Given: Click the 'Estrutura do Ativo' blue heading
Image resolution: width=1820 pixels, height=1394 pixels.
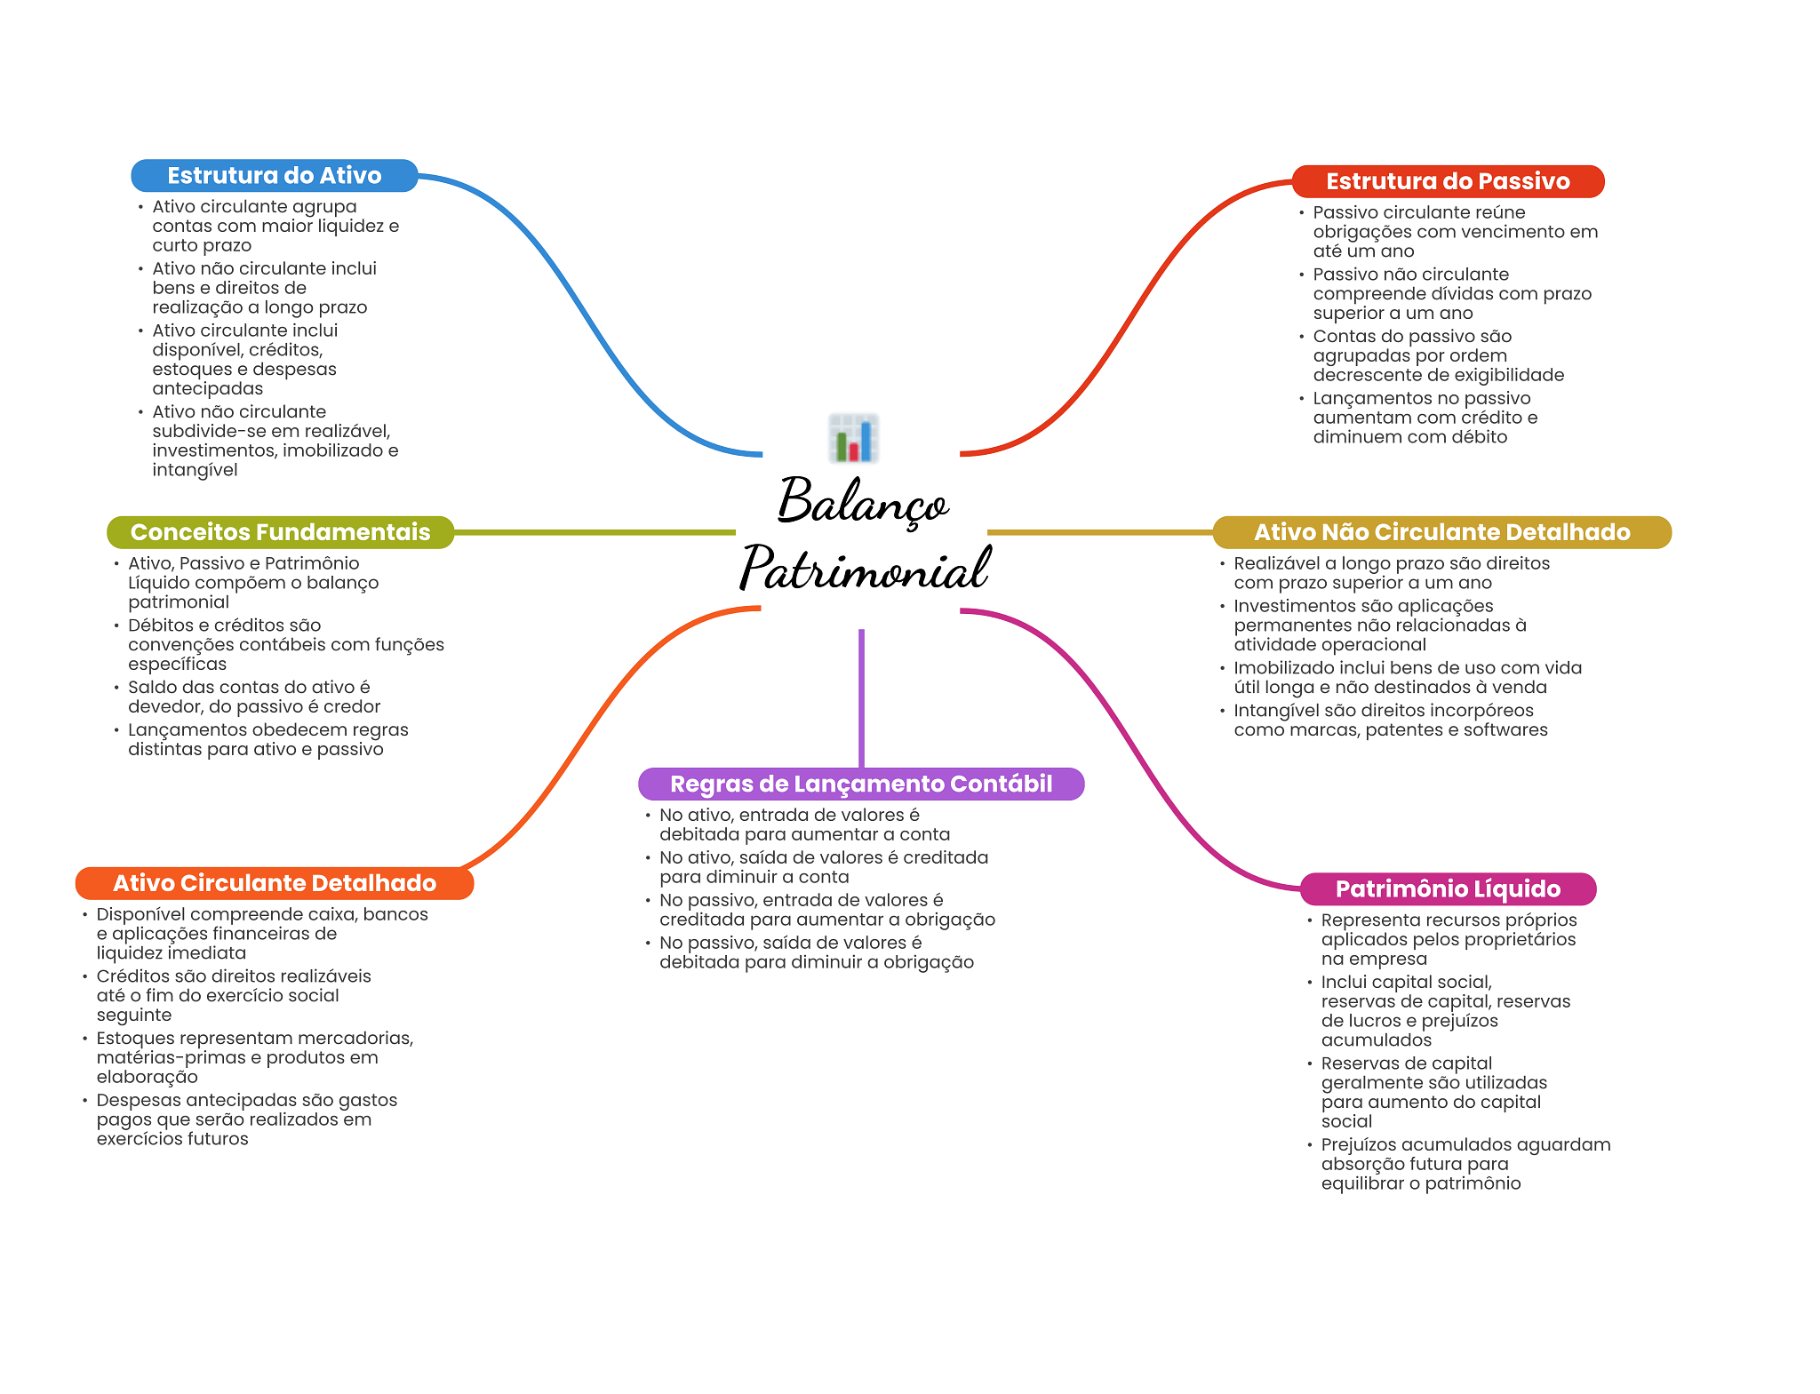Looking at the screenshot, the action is (x=274, y=176).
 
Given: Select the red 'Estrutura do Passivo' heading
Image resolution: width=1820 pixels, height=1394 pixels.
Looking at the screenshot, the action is (x=1447, y=181).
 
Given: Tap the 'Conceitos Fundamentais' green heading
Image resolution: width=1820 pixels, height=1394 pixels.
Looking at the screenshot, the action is (x=280, y=532).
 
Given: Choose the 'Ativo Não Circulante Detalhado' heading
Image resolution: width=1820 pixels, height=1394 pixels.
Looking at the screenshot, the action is (x=1441, y=532).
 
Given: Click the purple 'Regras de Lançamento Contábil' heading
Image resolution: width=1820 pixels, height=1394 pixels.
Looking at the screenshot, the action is (x=860, y=784).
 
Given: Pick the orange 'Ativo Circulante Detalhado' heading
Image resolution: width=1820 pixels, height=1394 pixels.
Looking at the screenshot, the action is (x=274, y=883).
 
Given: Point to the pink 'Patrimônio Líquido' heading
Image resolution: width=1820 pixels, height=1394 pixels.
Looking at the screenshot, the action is (x=1447, y=888).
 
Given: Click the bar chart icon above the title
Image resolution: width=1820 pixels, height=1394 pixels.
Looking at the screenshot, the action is (x=853, y=438).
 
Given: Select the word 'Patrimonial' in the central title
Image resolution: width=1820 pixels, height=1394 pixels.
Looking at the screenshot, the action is (x=864, y=569).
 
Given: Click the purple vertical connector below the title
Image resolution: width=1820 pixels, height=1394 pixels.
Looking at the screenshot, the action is (x=861, y=697).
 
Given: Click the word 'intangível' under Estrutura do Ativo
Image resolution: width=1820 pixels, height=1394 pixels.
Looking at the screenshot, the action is (x=195, y=470).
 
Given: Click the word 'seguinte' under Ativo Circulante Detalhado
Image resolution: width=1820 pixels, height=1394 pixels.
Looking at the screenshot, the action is (x=133, y=1015).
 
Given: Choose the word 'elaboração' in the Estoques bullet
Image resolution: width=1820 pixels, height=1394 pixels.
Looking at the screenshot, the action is (x=147, y=1077).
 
